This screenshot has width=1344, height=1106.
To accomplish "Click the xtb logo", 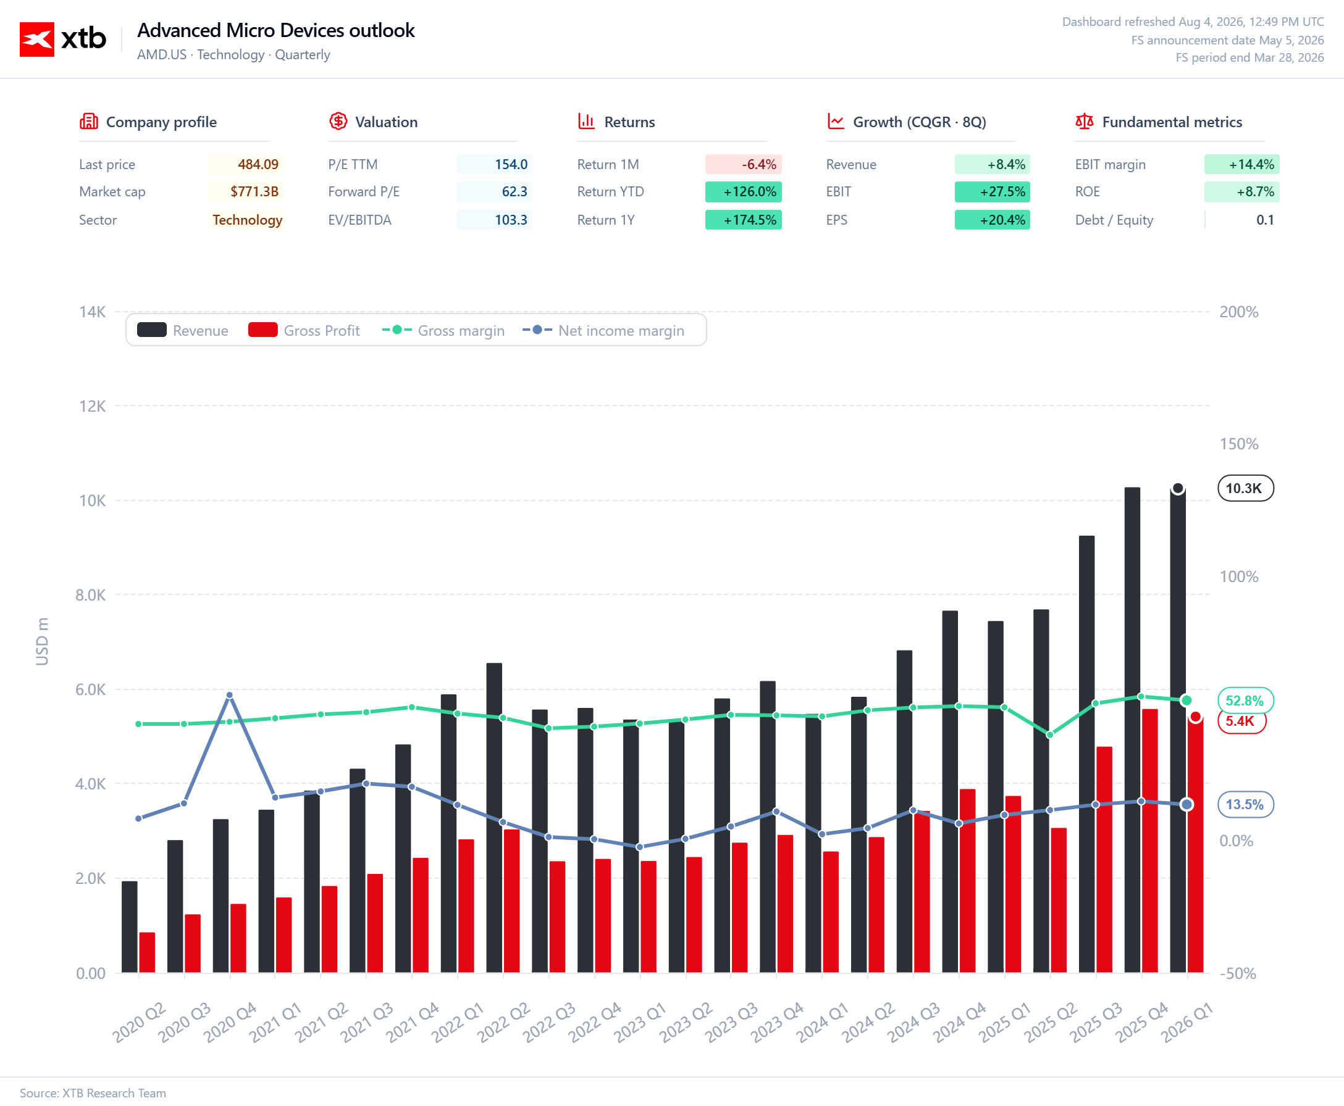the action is click(62, 39).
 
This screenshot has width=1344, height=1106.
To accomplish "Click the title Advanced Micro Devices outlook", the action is click(276, 30).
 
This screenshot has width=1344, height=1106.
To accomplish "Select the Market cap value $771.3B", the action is click(254, 192).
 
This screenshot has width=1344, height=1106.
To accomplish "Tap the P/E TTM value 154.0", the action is click(511, 164).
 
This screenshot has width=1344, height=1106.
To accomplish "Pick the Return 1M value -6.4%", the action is click(758, 164).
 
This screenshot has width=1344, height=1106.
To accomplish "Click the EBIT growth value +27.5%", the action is click(1002, 192).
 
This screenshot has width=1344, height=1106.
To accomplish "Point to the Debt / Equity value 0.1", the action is click(1265, 220).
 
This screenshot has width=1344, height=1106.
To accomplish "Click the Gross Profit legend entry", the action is click(304, 330).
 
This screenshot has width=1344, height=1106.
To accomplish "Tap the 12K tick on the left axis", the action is click(93, 406).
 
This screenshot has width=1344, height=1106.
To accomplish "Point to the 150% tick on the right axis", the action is click(1238, 444).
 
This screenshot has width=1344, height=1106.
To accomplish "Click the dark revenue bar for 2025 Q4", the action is click(1132, 730).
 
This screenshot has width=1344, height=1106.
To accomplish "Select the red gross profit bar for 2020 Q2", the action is click(147, 952).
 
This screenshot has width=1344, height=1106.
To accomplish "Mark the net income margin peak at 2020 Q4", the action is click(230, 695).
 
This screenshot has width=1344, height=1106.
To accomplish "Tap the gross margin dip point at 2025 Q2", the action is click(1050, 734).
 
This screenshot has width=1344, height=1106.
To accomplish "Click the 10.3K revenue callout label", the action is click(1245, 489).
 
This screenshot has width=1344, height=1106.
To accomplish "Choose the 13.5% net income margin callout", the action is click(1245, 804).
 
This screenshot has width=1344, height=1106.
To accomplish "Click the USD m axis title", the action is click(42, 641).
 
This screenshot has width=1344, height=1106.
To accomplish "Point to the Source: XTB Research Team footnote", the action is click(93, 1092).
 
